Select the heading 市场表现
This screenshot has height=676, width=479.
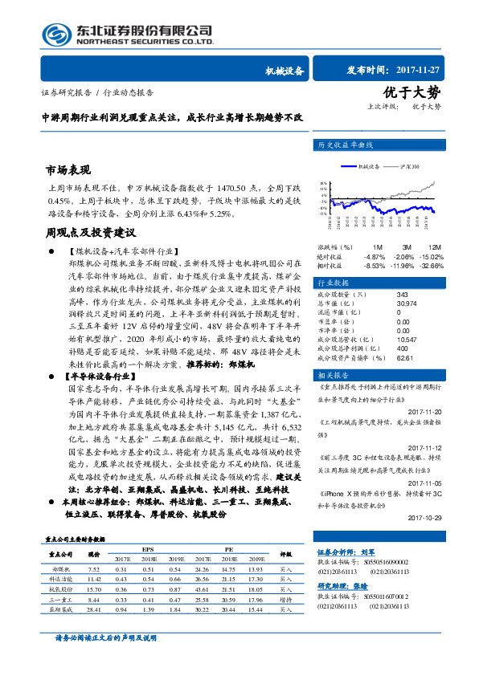click(68, 170)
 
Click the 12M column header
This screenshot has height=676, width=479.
click(435, 246)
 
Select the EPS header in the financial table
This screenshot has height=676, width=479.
click(149, 550)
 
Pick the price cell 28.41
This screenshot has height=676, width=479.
click(93, 610)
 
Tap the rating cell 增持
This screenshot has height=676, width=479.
click(285, 600)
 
